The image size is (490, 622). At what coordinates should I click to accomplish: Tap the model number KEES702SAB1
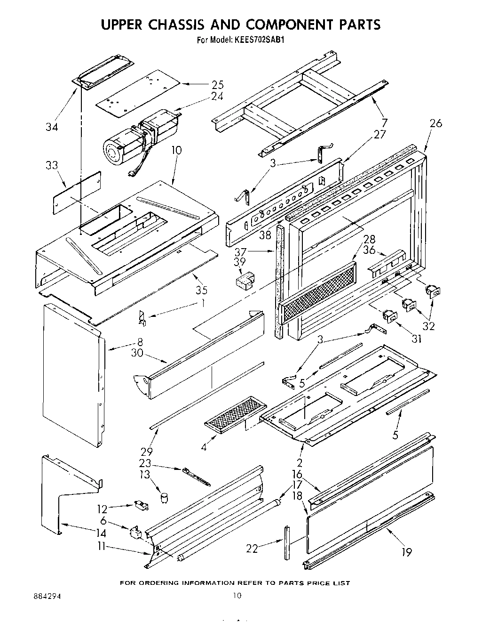click(258, 40)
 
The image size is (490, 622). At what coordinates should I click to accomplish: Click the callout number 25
click(217, 85)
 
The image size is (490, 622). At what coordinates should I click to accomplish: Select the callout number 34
click(52, 127)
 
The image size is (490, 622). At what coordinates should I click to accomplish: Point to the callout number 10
click(176, 150)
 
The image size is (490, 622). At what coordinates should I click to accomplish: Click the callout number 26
click(436, 123)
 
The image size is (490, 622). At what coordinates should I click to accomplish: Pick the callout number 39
click(240, 261)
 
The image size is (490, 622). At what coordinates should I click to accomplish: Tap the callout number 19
click(407, 552)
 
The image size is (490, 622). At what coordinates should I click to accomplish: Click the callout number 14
click(100, 533)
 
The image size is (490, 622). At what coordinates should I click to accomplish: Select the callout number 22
click(253, 548)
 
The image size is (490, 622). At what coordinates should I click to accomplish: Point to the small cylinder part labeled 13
click(164, 497)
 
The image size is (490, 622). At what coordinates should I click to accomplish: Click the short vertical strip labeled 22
click(287, 541)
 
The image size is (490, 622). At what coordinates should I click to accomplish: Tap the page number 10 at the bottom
click(237, 596)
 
